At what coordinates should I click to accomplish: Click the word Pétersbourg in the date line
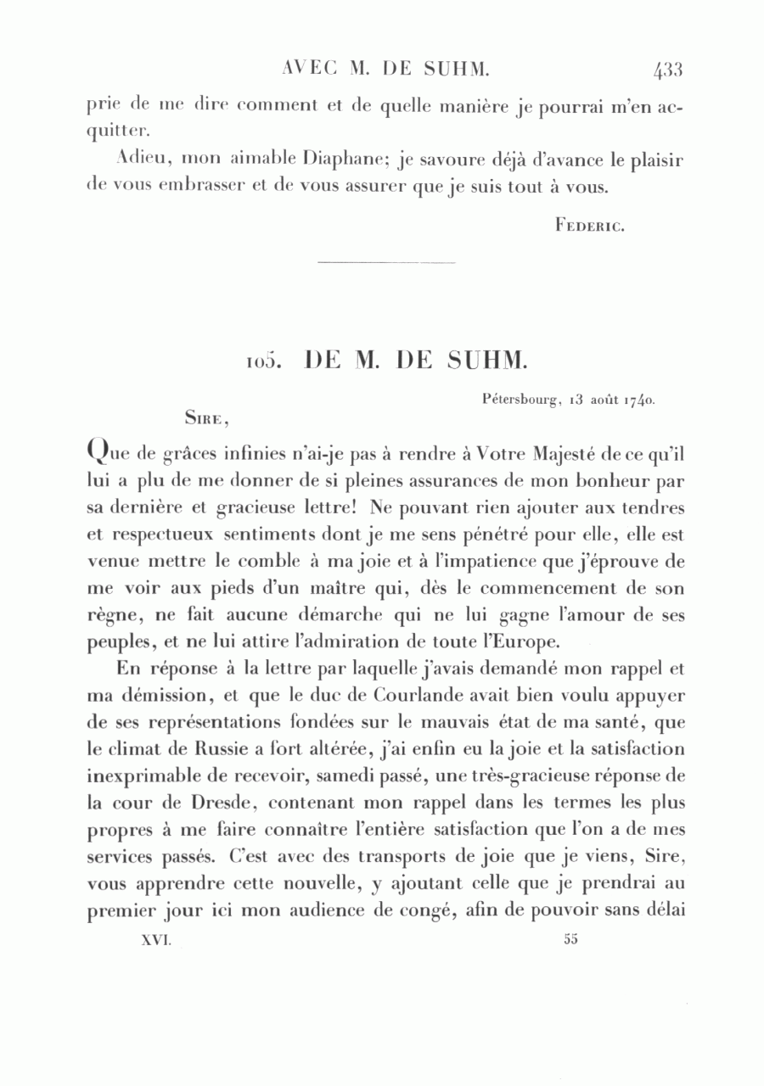click(x=519, y=396)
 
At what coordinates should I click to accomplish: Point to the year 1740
click(x=638, y=397)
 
